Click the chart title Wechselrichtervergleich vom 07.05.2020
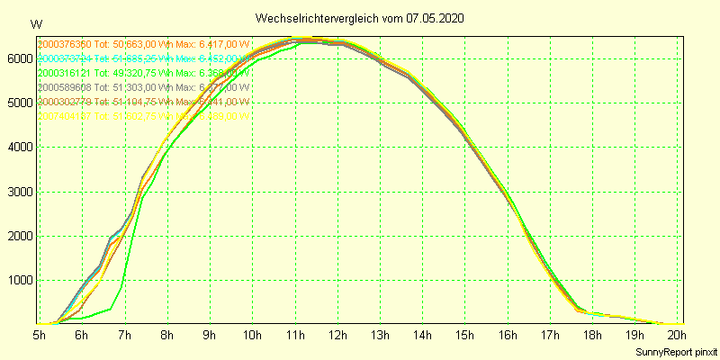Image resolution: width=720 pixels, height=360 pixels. [x=360, y=18]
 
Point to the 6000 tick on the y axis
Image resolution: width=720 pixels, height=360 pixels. [x=20, y=58]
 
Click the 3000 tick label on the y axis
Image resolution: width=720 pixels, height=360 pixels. [x=20, y=192]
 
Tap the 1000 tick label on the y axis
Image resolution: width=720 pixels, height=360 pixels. [x=20, y=281]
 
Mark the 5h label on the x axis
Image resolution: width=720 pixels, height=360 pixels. [x=40, y=336]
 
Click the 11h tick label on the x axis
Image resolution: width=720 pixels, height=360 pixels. [x=295, y=336]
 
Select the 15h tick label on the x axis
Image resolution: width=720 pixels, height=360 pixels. [x=465, y=336]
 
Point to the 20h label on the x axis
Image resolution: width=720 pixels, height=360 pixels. [x=677, y=336]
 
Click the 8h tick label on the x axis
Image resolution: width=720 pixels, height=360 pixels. [x=167, y=336]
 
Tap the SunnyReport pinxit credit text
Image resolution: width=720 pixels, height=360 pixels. [x=676, y=351]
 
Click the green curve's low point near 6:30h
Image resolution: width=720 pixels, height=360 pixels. [x=110, y=310]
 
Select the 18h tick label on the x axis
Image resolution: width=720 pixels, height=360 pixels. [x=593, y=336]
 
